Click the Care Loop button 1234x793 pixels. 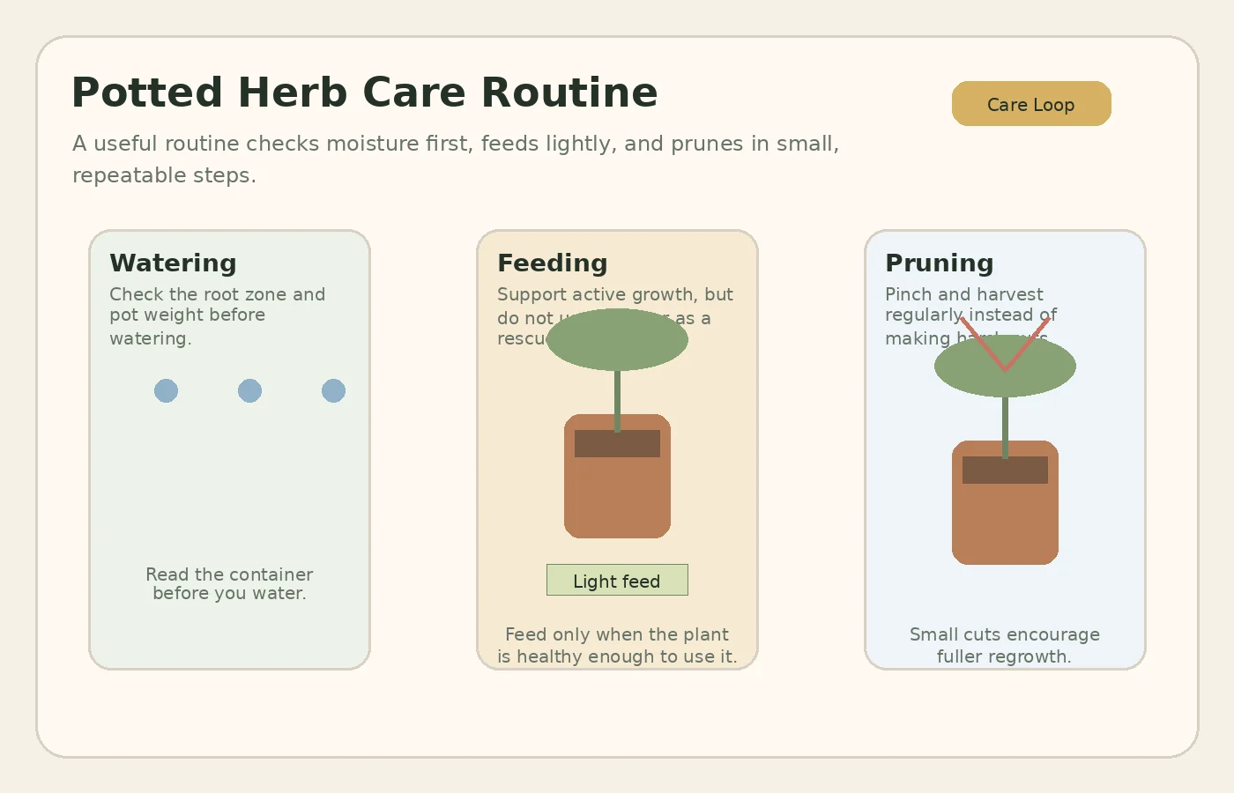click(1031, 104)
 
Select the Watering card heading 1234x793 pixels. click(173, 263)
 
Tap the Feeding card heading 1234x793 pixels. click(553, 263)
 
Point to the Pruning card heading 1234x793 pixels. click(940, 263)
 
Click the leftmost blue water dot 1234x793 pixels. click(166, 390)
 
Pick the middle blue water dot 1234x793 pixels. click(249, 390)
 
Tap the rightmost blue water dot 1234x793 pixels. click(333, 390)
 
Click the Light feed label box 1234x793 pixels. click(617, 580)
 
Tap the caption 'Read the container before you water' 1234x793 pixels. click(229, 583)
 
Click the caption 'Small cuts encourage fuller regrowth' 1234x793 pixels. click(1005, 645)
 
